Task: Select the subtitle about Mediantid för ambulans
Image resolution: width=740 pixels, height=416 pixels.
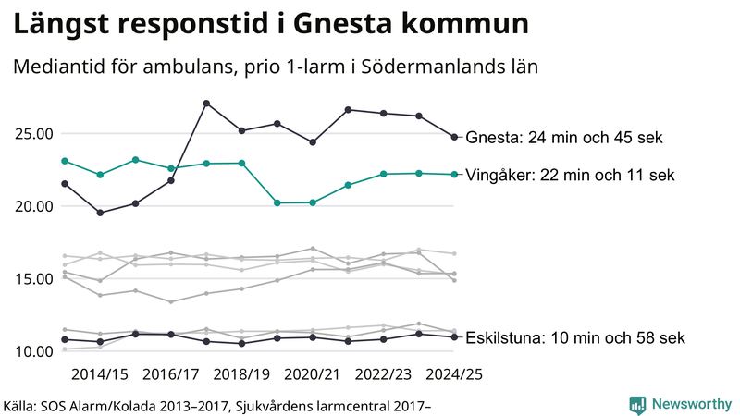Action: click(x=276, y=67)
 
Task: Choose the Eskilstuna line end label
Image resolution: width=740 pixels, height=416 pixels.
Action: click(x=575, y=337)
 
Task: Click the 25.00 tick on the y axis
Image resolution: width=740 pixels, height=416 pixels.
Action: click(x=33, y=133)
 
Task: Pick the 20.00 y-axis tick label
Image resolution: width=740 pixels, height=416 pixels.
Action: click(x=33, y=206)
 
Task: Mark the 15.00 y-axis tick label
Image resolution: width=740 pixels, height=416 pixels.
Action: click(x=33, y=278)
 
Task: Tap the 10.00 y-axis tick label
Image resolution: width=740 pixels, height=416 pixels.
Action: click(x=33, y=351)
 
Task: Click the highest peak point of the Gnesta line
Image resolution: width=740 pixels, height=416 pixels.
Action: click(x=206, y=103)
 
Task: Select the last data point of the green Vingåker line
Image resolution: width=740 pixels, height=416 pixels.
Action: click(x=454, y=174)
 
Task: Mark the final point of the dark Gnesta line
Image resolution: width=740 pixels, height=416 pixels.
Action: click(x=454, y=137)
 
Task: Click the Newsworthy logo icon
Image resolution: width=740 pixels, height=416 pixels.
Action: click(x=637, y=404)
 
